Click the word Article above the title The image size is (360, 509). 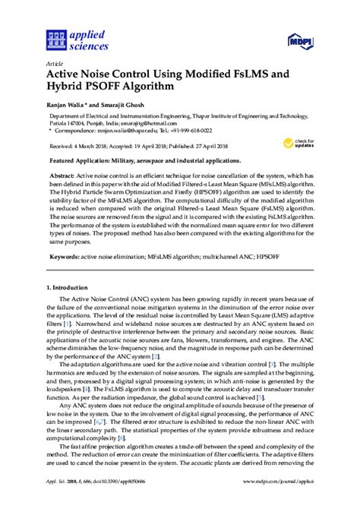coord(54,63)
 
